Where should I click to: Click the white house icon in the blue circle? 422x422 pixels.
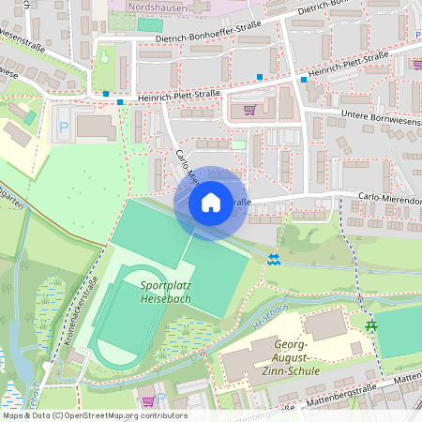pos(211,202)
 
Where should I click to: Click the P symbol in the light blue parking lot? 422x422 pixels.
pos(65,126)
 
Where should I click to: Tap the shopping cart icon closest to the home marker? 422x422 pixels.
pos(249,109)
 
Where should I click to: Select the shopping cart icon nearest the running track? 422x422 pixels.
pos(147,400)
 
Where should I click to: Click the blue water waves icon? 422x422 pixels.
pos(274,258)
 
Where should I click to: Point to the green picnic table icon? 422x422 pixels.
pos(372,325)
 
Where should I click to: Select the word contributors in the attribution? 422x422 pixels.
pos(165,415)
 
